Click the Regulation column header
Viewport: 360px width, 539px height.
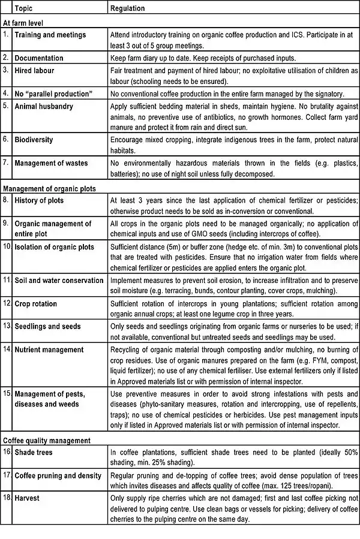128,9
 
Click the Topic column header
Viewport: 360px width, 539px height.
23,9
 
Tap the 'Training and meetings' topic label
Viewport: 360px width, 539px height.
50,35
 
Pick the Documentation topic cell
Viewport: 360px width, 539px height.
39,58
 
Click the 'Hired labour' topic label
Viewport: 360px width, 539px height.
34,71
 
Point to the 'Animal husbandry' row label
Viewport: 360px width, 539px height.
44,107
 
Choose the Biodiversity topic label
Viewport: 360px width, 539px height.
34,140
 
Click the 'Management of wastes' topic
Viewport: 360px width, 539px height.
51,163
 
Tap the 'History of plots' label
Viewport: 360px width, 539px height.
39,200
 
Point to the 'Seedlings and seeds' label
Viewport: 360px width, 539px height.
47,327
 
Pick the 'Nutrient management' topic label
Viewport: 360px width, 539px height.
49,350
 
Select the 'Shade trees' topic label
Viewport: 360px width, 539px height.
34,453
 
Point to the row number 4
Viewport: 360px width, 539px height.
5,94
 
